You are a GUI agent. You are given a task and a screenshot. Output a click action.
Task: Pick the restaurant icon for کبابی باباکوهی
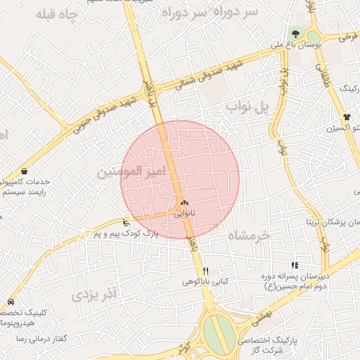point(206,270)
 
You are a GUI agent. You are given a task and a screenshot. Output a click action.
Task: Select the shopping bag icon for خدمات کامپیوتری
point(25,171)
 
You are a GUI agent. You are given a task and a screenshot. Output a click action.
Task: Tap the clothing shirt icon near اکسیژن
point(347,117)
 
